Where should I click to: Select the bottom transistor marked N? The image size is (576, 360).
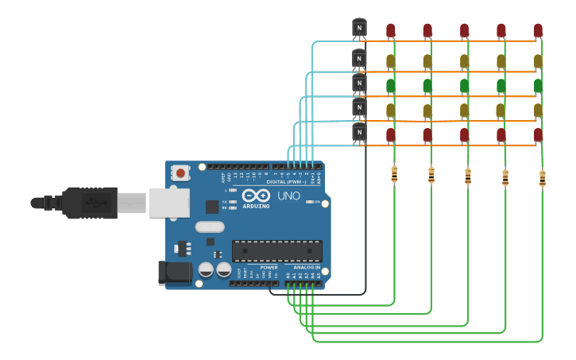[359, 133]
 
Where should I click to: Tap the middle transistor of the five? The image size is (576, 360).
[359, 83]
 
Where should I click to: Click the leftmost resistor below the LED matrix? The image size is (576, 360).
[394, 175]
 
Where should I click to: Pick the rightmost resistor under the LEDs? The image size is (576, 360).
[542, 179]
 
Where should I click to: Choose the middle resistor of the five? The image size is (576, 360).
[467, 176]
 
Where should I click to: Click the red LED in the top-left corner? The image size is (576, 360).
[391, 30]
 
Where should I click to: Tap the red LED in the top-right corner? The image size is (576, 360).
[538, 30]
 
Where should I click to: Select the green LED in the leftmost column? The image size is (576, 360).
[391, 85]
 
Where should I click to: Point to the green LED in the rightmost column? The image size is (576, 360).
[538, 85]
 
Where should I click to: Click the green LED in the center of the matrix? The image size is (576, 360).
[464, 85]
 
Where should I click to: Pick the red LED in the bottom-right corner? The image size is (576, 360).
[538, 134]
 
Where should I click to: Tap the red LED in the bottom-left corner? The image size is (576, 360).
[391, 134]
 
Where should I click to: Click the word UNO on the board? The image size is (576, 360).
[288, 195]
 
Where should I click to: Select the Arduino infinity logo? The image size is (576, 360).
[256, 195]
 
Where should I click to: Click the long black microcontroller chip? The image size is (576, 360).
[276, 250]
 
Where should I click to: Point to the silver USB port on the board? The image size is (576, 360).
[169, 202]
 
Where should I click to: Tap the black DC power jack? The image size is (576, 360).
[175, 273]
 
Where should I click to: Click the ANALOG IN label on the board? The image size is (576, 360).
[306, 268]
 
